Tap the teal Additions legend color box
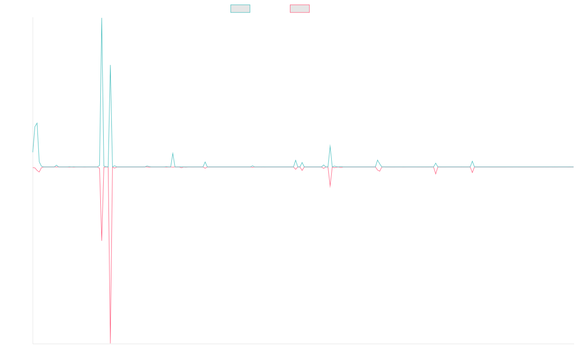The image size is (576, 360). point(240,9)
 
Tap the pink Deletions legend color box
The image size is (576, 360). point(300,9)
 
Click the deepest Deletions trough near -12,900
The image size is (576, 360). point(110,343)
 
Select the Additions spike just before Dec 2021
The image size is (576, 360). point(173,153)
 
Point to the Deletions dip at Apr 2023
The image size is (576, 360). point(330,187)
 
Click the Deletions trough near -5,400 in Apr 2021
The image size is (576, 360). point(102,240)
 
